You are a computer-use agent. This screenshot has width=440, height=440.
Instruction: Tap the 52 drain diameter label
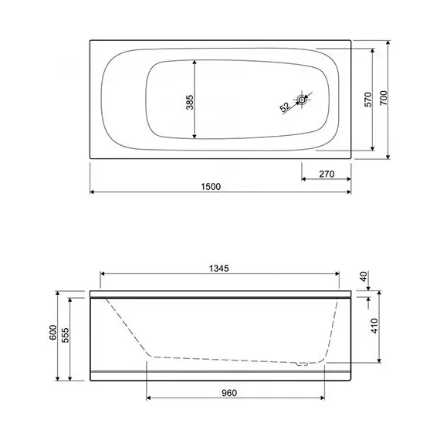coord(284,107)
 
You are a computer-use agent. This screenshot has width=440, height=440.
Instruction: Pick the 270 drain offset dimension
coord(326,174)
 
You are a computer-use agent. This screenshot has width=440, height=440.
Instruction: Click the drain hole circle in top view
coord(303,99)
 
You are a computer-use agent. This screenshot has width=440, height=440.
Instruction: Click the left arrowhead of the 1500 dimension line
coord(93,191)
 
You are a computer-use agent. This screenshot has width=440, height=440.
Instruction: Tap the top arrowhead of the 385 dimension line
coord(195,61)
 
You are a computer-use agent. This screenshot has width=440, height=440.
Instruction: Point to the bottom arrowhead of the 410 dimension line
coord(379,361)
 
